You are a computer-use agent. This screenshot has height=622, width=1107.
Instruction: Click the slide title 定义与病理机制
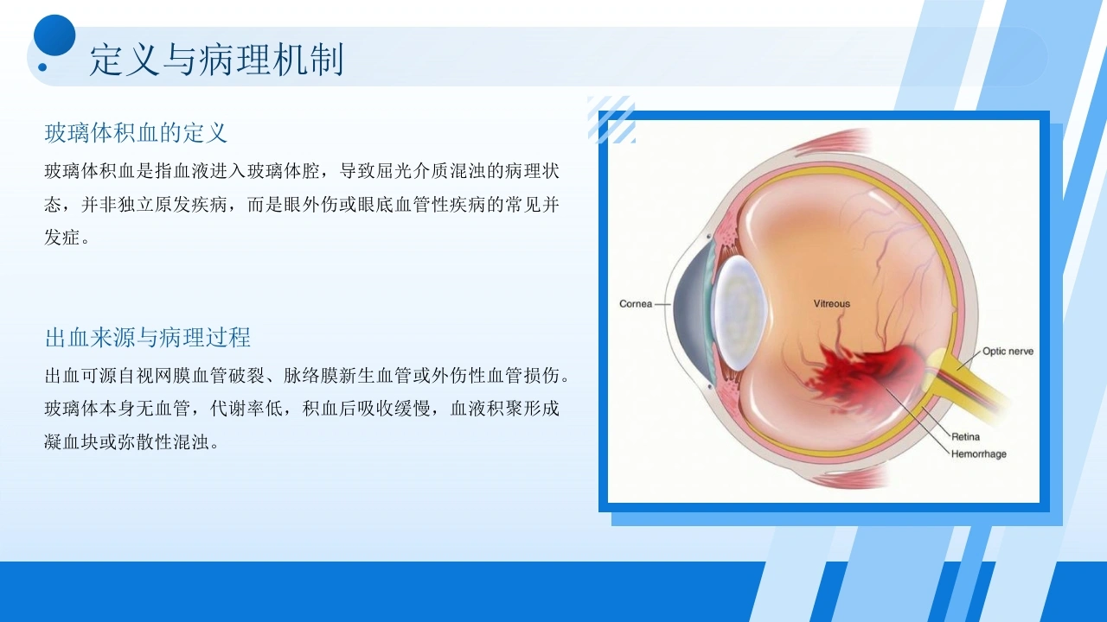(216, 60)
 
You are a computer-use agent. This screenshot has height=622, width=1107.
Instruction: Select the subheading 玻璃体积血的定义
(136, 133)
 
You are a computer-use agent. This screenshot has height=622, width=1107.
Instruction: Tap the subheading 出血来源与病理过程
(148, 338)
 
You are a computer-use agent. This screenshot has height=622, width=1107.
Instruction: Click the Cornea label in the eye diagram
(636, 303)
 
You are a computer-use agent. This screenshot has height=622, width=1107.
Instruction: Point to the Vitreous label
(832, 303)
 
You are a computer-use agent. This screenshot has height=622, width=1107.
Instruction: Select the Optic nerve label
(1008, 351)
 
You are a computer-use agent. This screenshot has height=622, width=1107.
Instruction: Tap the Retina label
(965, 436)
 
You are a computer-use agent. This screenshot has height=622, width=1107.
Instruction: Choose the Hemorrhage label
(978, 454)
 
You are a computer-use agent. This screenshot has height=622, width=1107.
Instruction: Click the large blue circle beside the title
(54, 35)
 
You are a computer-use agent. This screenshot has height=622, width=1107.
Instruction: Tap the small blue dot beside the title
(42, 67)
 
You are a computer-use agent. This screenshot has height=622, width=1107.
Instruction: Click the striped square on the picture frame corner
(611, 119)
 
